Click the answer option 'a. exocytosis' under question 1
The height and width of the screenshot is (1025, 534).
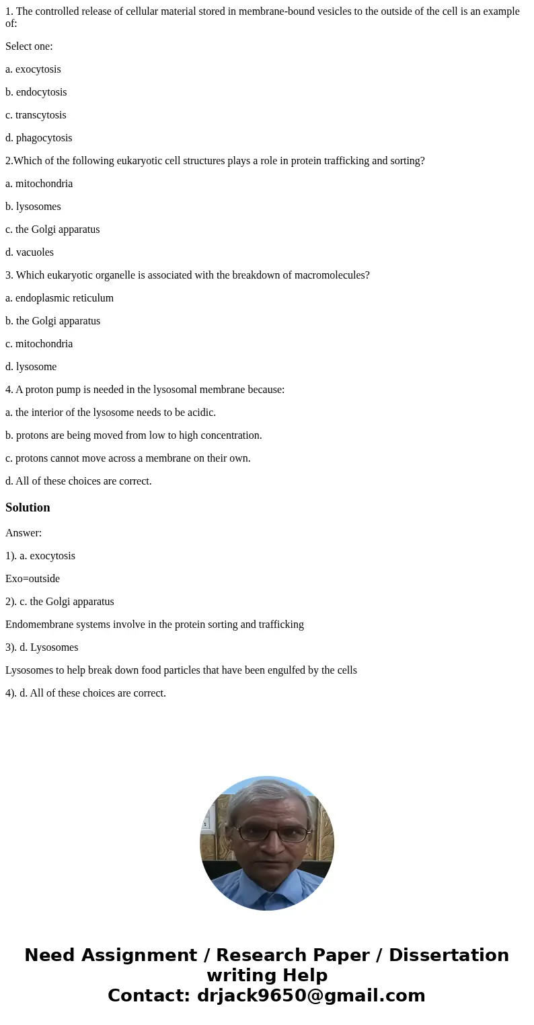33,69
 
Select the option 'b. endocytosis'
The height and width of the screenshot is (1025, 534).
36,92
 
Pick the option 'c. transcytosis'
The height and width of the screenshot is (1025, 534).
36,115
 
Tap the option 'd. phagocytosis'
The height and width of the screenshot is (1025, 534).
39,138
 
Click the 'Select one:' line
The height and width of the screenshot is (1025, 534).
29,46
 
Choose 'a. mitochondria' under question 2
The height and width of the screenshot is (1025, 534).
39,184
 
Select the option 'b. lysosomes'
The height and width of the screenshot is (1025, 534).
33,207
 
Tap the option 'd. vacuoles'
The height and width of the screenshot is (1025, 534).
30,252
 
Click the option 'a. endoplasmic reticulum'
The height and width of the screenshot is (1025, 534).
59,298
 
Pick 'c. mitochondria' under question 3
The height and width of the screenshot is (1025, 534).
39,344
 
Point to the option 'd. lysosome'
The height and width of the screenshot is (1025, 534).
31,367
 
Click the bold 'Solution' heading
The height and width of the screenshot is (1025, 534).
28,507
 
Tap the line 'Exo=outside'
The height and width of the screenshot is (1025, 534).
32,579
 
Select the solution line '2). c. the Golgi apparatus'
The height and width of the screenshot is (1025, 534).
60,602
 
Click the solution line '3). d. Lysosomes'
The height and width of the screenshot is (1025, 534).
42,647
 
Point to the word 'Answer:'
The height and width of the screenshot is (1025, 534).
24,533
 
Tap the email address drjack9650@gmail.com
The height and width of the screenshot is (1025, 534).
311,995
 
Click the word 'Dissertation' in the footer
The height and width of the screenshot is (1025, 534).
449,955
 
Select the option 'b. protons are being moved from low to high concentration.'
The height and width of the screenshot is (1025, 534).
134,435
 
